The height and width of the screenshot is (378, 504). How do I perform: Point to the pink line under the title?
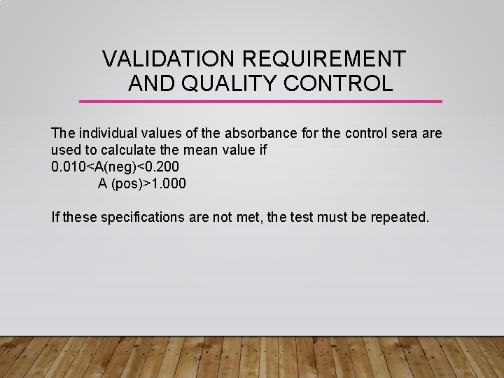click(x=260, y=101)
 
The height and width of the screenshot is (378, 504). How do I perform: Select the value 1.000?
click(x=166, y=184)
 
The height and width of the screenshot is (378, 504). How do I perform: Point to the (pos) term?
click(x=123, y=184)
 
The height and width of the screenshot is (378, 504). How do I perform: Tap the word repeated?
click(x=400, y=217)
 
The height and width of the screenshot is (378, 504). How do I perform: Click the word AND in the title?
click(x=150, y=84)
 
